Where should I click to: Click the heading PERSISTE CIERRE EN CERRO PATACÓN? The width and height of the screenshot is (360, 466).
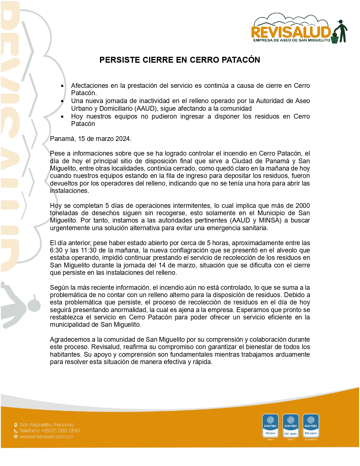click(x=180, y=60)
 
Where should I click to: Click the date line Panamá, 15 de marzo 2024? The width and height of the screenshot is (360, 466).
click(x=91, y=139)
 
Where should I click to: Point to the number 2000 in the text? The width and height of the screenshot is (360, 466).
click(x=302, y=206)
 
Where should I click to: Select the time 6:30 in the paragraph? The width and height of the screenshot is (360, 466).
click(x=56, y=250)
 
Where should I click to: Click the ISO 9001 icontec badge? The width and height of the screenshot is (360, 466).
click(x=270, y=426)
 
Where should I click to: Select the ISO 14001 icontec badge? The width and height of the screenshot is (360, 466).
click(x=291, y=426)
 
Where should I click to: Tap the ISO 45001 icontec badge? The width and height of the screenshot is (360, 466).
click(x=311, y=426)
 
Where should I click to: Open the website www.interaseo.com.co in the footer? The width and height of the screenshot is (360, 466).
click(x=46, y=437)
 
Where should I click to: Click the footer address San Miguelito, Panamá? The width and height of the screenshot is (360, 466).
click(x=46, y=425)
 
